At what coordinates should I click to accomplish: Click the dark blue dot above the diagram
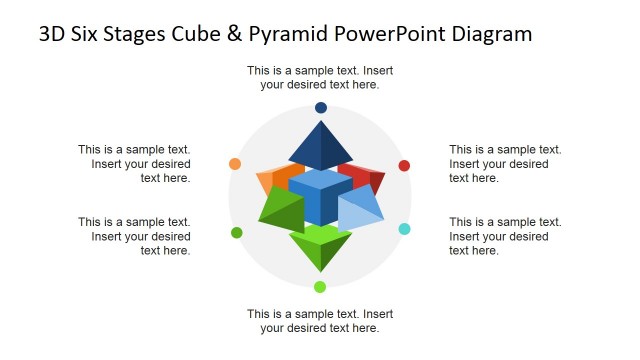point(320,107)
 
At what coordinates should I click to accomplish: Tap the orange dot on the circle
point(235,164)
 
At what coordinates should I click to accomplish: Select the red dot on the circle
point(404,166)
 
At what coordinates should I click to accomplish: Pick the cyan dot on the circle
point(404,229)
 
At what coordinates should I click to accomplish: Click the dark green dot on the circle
point(237,233)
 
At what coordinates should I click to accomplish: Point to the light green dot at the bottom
point(320,287)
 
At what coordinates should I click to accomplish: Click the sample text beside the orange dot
point(135,164)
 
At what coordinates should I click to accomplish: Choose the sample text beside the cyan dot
point(505,236)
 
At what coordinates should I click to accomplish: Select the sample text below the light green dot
point(320,320)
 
